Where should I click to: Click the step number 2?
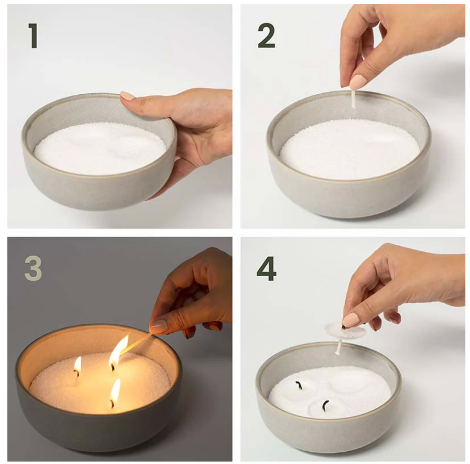pyautogui.click(x=266, y=36)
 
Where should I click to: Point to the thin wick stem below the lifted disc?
pyautogui.click(x=339, y=347)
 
